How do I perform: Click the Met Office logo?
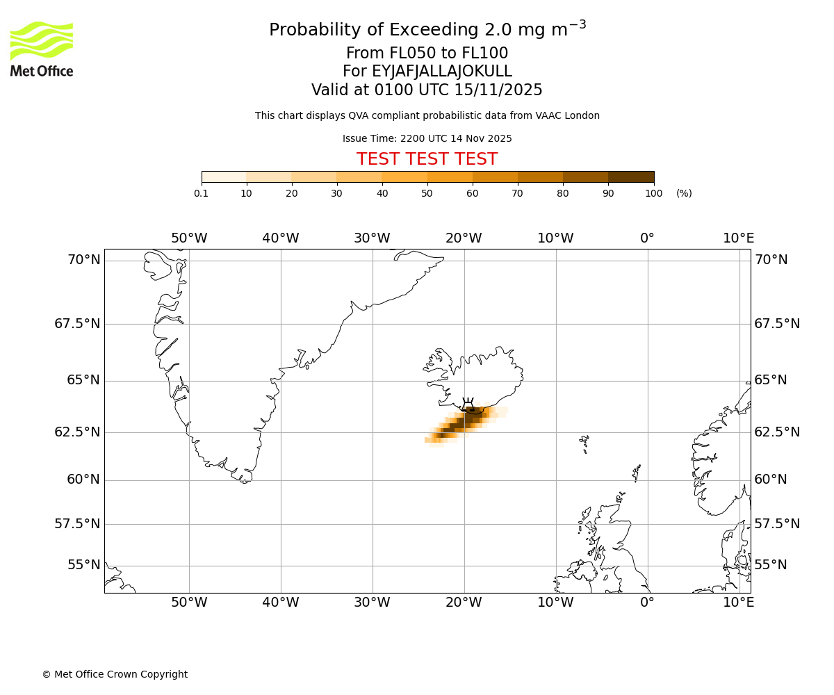pos(42,49)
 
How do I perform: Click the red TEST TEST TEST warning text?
pos(427,159)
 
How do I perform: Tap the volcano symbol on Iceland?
pos(468,404)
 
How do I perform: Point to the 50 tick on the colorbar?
pos(427,193)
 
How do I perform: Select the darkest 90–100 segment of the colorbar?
pos(631,177)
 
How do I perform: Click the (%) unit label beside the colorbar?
pos(684,193)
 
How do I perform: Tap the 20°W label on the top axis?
pos(464,238)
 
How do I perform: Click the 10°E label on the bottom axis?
pos(738,603)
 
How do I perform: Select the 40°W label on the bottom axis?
pos(281,603)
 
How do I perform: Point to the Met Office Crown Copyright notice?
pos(115,674)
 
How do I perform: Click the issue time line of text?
pos(427,138)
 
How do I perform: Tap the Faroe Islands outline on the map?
pos(584,443)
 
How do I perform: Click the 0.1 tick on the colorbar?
pos(202,193)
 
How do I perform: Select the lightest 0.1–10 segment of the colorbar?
pos(224,177)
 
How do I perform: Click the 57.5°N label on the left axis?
pos(77,524)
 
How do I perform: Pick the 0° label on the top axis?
pos(647,238)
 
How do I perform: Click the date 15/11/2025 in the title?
pos(498,90)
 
